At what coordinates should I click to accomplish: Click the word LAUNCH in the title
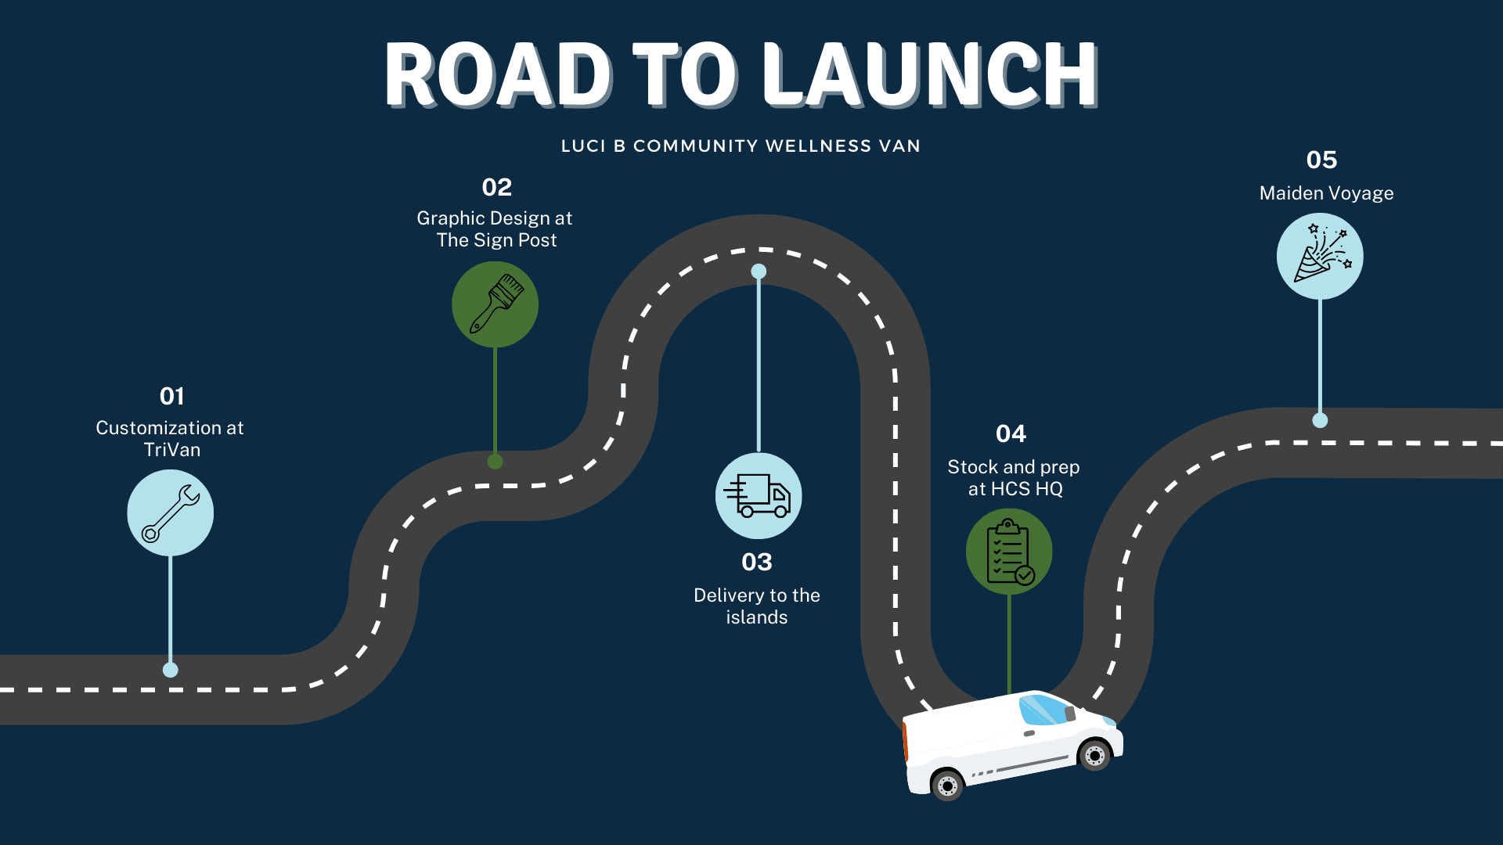pyautogui.click(x=930, y=75)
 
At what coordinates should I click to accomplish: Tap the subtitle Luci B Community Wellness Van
pyautogui.click(x=741, y=146)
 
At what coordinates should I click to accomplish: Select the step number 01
pyautogui.click(x=171, y=397)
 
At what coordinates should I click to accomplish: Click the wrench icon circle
pyautogui.click(x=171, y=513)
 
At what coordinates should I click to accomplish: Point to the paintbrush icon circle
pyautogui.click(x=495, y=304)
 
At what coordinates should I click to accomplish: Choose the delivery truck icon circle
pyautogui.click(x=759, y=496)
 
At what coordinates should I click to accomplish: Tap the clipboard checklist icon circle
pyautogui.click(x=1009, y=552)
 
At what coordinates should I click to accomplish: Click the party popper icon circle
pyautogui.click(x=1320, y=257)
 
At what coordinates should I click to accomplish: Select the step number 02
pyautogui.click(x=496, y=188)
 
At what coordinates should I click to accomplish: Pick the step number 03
pyautogui.click(x=757, y=563)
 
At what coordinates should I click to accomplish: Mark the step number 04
pyautogui.click(x=1011, y=434)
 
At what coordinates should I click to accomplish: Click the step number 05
pyautogui.click(x=1321, y=160)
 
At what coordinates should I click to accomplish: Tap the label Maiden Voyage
pyautogui.click(x=1326, y=193)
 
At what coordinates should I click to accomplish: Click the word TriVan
pyautogui.click(x=172, y=450)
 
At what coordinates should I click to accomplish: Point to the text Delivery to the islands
pyautogui.click(x=757, y=606)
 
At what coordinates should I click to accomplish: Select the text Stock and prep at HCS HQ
pyautogui.click(x=1014, y=478)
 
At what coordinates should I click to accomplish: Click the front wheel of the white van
pyautogui.click(x=1094, y=755)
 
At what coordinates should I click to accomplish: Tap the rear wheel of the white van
pyautogui.click(x=947, y=785)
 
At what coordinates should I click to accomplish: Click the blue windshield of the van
pyautogui.click(x=1043, y=710)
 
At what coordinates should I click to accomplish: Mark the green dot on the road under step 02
pyautogui.click(x=495, y=462)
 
